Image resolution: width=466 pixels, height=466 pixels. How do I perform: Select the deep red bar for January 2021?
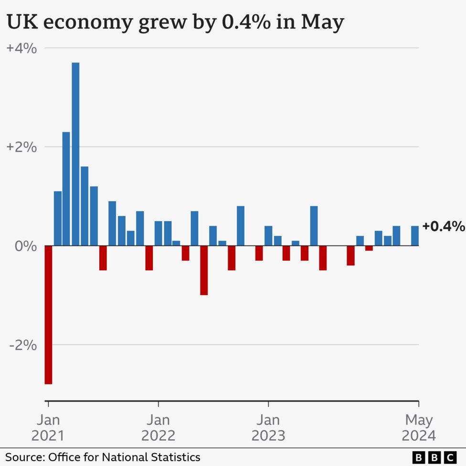48,315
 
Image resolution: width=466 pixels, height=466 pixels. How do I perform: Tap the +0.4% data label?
443,226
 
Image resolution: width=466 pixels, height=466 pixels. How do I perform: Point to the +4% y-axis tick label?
21,48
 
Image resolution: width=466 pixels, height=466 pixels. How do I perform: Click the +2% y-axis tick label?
21,147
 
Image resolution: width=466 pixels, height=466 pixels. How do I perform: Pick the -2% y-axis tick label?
23,345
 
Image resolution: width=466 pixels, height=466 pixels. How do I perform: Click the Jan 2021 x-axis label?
48,428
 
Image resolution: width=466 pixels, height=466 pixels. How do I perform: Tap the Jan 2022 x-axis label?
158,428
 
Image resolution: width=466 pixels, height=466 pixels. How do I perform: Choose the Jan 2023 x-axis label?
268,428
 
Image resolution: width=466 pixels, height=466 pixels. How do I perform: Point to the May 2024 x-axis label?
419,428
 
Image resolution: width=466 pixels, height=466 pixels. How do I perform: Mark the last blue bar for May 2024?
415,236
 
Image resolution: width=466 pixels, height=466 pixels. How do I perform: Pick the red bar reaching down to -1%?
204,270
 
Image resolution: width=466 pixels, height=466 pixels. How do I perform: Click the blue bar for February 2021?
57,218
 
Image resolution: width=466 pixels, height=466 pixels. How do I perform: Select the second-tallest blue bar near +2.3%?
66,189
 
